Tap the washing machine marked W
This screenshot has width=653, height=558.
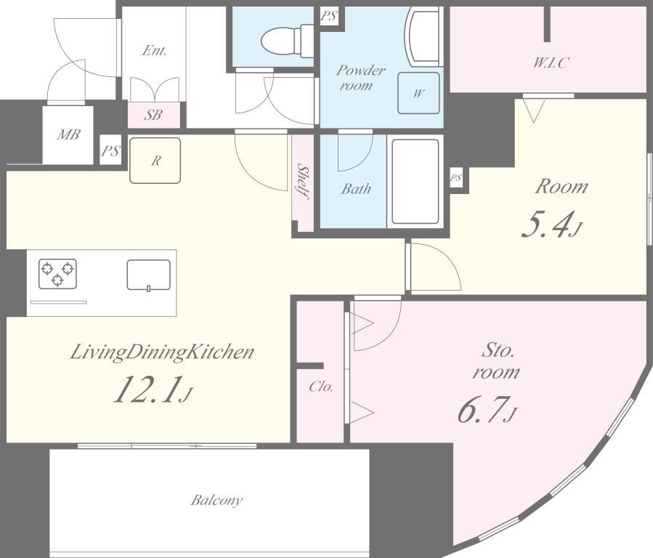coord(418,93)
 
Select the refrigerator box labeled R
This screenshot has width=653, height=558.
coord(155,161)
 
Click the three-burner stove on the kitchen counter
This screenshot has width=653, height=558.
coord(57,274)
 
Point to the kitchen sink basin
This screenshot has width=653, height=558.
coord(149,275)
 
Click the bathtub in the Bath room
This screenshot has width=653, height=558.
coord(415,182)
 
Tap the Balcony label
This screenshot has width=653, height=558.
coord(216,500)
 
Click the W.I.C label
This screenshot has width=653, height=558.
coord(551,63)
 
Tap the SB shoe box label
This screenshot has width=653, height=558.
coord(153,115)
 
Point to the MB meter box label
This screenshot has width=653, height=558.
coord(68,134)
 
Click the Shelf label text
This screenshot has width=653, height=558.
coord(303,182)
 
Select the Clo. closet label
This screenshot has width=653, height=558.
coord(321,387)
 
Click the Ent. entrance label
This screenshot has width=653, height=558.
coord(154,51)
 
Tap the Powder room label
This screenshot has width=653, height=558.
coord(360,78)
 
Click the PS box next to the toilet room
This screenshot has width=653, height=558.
coord(329,16)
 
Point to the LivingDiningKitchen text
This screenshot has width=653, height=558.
coord(161,352)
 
